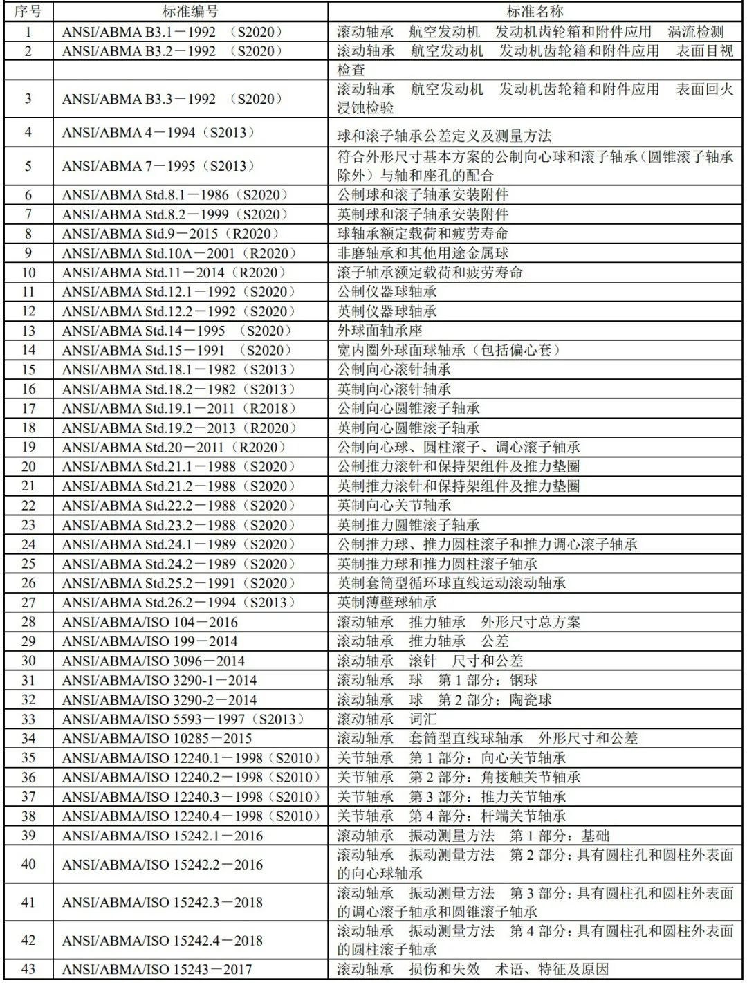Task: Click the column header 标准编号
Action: (190, 11)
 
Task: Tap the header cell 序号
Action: (28, 11)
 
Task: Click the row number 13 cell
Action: (28, 331)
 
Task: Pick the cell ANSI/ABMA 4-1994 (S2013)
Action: (158, 133)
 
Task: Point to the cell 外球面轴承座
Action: (380, 331)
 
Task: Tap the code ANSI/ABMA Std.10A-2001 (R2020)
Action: (180, 253)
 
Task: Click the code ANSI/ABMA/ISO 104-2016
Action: (150, 622)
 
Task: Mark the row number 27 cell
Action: (28, 603)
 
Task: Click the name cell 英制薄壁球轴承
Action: (387, 603)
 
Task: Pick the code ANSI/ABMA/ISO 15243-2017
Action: (157, 969)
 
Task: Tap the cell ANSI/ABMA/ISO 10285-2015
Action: (157, 738)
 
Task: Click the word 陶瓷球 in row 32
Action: (531, 699)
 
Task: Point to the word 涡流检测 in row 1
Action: (695, 32)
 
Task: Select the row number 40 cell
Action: (28, 864)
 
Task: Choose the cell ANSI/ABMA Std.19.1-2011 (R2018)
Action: (179, 408)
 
